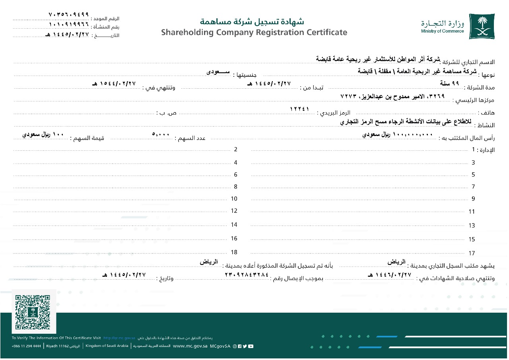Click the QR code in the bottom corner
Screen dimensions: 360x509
(33, 312)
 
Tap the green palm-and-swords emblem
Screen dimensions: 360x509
(482, 26)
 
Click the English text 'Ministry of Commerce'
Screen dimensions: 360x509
(443, 31)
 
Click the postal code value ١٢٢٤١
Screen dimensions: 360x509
(300, 109)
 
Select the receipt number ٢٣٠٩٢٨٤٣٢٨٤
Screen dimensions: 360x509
(247, 274)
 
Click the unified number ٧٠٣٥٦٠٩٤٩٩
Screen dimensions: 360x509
(68, 14)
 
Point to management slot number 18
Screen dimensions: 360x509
(234, 252)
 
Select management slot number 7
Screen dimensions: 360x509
(473, 187)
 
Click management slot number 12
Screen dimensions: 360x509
(234, 211)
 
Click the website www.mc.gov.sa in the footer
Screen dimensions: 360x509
(190, 346)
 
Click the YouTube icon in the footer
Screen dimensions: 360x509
(250, 346)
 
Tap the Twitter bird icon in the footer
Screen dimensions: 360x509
(245, 346)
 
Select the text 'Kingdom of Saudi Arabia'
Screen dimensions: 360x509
(107, 346)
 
